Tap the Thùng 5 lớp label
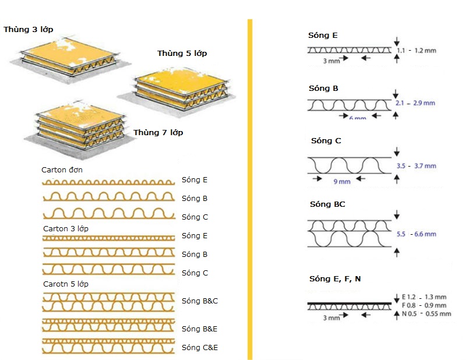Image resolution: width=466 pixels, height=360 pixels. [x=182, y=54]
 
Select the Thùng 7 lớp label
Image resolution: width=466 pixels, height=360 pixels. [x=158, y=133]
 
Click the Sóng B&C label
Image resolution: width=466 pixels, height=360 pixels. [x=199, y=301]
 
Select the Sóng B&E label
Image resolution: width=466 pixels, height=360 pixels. [x=199, y=329]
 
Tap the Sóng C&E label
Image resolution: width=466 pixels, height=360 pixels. [x=199, y=347]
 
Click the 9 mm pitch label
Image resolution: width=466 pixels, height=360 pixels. [x=342, y=182]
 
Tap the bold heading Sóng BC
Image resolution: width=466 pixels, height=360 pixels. [x=328, y=204]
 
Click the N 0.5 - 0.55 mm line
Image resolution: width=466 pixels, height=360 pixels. [x=426, y=314]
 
